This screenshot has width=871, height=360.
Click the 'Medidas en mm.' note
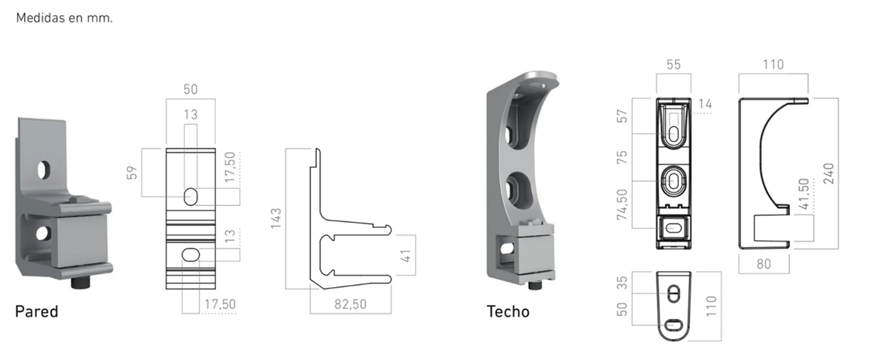(64, 18)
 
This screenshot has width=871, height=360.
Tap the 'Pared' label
(36, 311)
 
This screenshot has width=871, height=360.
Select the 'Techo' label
(508, 312)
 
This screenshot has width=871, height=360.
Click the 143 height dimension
(276, 218)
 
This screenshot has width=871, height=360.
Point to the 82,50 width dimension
(351, 304)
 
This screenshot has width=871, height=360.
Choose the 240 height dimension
(828, 174)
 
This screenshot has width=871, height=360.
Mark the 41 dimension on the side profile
(406, 256)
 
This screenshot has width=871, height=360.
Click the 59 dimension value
(132, 173)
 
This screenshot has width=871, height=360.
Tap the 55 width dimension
(674, 64)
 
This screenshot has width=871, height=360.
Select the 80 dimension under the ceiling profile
(764, 264)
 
